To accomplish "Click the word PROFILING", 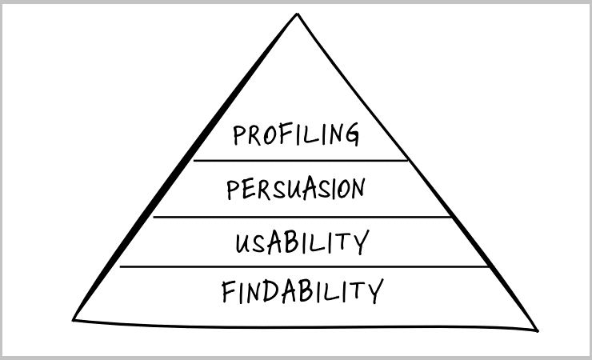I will (296, 134).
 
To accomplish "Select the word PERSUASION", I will (295, 190).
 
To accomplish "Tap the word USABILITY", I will (302, 242).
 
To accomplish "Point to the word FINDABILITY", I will (302, 292).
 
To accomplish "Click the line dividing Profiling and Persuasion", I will (301, 161).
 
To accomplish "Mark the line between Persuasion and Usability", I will (302, 217).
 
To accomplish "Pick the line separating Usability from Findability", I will (304, 267).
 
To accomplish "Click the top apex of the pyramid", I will (298, 14).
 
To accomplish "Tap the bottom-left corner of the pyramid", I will (74, 319).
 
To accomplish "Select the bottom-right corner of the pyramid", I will (536, 329).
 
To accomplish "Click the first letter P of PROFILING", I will (238, 135).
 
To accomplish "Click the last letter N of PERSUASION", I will (358, 189).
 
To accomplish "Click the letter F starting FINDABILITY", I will (230, 293).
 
